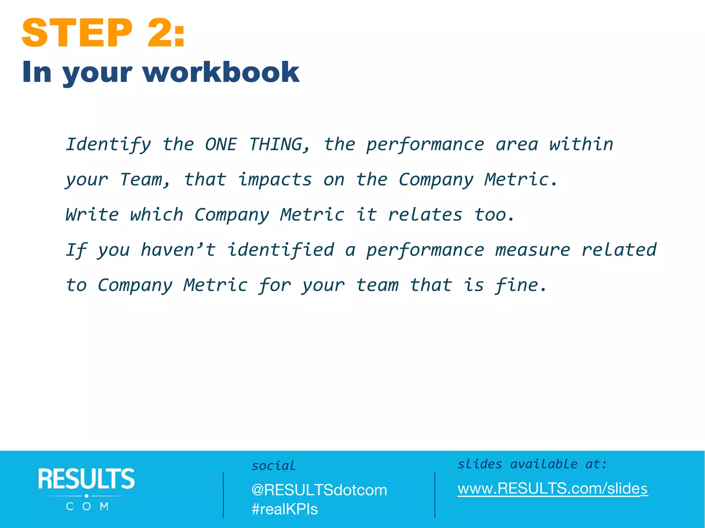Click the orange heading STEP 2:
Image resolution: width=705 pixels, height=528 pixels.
103,33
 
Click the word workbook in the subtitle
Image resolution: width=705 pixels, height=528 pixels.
221,72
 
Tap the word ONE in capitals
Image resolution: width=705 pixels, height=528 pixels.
221,144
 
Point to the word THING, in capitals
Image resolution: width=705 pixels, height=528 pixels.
280,144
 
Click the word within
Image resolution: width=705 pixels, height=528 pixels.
581,144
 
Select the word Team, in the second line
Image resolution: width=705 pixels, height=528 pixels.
145,180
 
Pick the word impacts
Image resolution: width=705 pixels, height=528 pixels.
275,180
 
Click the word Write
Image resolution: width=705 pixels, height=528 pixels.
92,215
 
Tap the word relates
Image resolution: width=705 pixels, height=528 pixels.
425,215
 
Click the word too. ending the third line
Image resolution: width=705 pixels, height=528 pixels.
494,215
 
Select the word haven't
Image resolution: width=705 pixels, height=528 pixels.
178,250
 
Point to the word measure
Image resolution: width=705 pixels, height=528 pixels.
533,250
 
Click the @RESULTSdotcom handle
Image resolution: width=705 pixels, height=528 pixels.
319,490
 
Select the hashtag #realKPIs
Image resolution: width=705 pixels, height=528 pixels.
285,509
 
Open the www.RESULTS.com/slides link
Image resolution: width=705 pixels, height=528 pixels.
553,488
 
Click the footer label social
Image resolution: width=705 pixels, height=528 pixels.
274,466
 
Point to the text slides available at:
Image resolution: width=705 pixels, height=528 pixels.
532,464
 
